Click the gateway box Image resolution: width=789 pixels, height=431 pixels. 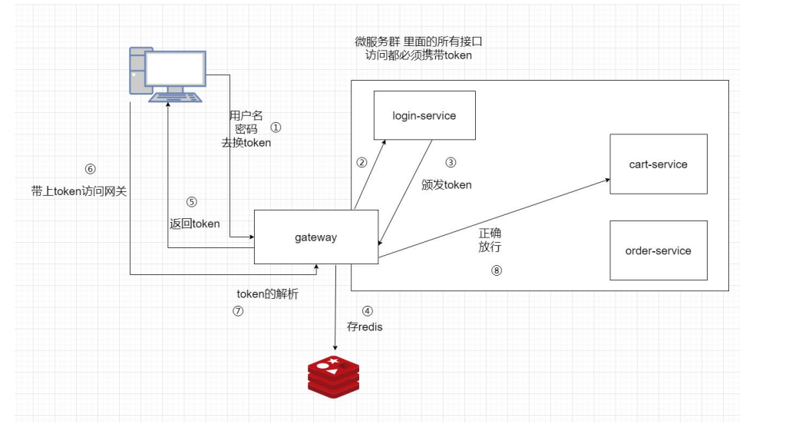315,237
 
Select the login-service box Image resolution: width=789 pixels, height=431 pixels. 424,116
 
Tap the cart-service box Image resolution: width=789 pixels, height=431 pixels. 658,164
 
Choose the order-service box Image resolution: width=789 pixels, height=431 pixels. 658,250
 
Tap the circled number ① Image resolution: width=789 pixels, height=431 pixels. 277,128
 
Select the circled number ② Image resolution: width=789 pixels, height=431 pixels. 361,162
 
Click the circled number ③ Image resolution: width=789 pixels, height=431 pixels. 451,162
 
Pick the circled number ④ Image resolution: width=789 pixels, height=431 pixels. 367,312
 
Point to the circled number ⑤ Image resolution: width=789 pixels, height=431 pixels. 192,202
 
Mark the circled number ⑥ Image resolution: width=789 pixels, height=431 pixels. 91,169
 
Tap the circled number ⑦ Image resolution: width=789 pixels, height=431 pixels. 238,311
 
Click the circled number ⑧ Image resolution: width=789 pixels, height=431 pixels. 497,270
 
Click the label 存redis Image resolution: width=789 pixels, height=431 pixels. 365,327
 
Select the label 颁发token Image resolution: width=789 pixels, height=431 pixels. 447,184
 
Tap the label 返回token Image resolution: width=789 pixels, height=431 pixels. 195,224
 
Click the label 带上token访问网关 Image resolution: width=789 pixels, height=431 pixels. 79,191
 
